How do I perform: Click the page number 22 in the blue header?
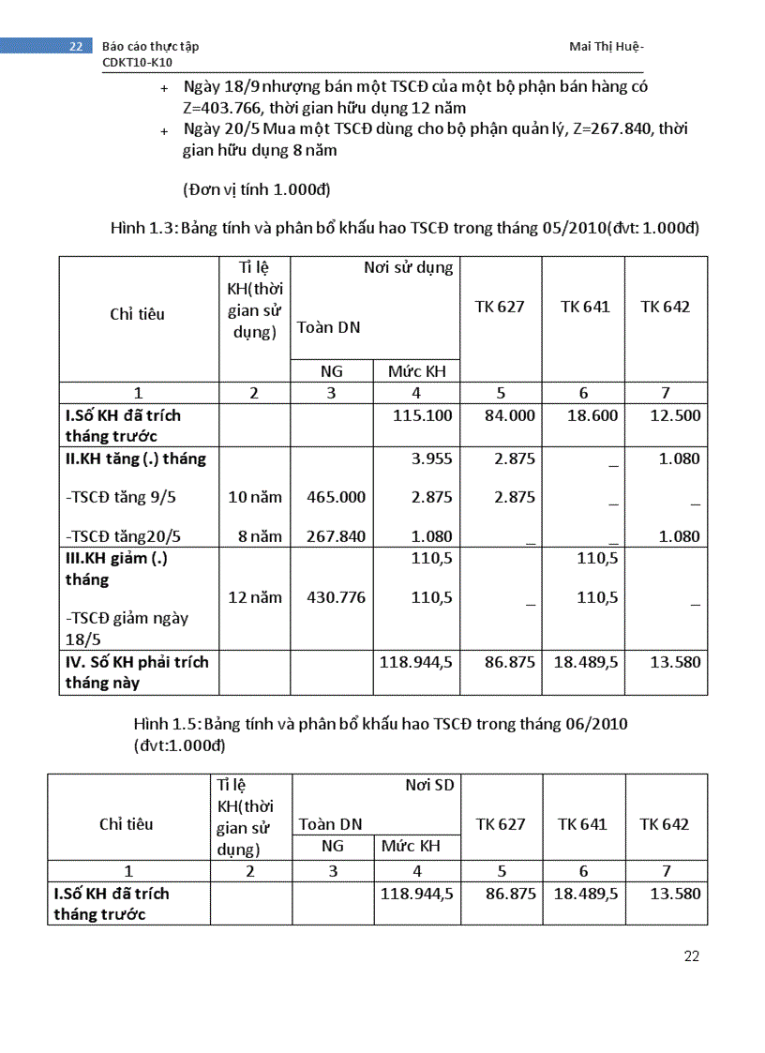(76, 46)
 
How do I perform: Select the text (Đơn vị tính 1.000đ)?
(257, 189)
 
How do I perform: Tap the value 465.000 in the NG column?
(336, 497)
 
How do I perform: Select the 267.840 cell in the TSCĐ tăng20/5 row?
(336, 536)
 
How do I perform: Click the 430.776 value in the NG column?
(336, 597)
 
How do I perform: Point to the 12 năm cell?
(254, 597)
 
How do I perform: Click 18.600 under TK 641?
(592, 414)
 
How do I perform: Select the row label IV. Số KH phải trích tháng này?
(137, 672)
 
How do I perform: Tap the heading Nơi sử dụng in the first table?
(408, 268)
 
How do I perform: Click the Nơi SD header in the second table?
(428, 785)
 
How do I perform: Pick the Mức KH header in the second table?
(410, 846)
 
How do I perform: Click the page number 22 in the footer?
(691, 956)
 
